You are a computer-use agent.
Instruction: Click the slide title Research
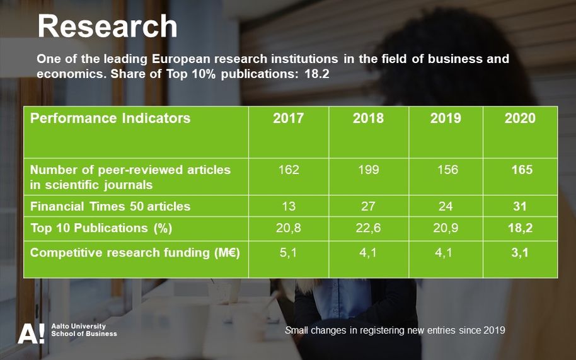pyautogui.click(x=107, y=26)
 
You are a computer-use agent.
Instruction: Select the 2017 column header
pyautogui.click(x=289, y=119)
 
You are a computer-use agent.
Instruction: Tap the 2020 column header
pyautogui.click(x=520, y=119)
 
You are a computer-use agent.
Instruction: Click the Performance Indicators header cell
pyautogui.click(x=110, y=119)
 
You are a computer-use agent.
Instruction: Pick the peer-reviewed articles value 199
pyautogui.click(x=369, y=170)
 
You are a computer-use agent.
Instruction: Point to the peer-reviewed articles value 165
pyautogui.click(x=522, y=170)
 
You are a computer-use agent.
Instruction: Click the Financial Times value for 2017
pyautogui.click(x=289, y=206)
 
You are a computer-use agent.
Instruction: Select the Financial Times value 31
pyautogui.click(x=520, y=206)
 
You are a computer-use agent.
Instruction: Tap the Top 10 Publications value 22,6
pyautogui.click(x=368, y=228)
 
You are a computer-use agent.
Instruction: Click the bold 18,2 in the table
pyautogui.click(x=520, y=228)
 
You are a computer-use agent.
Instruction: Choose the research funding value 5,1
pyautogui.click(x=288, y=253)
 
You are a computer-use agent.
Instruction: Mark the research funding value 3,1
pyautogui.click(x=520, y=253)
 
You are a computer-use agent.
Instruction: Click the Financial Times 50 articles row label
pyautogui.click(x=110, y=206)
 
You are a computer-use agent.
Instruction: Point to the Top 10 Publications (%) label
pyautogui.click(x=101, y=228)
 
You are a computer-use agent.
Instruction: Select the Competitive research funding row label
pyautogui.click(x=135, y=253)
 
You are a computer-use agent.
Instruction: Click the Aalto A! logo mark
pyautogui.click(x=32, y=334)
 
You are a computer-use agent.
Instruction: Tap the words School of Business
pyautogui.click(x=84, y=334)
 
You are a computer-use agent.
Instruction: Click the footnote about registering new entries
pyautogui.click(x=395, y=330)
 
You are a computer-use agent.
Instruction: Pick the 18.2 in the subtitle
pyautogui.click(x=316, y=74)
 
